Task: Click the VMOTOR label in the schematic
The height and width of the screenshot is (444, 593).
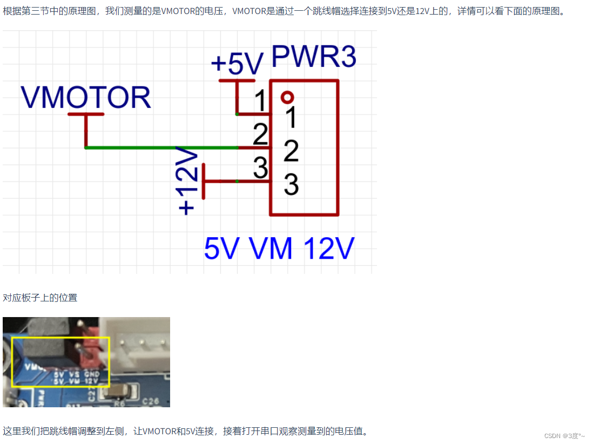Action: [x=86, y=98]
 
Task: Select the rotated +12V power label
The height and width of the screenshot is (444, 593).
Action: [x=187, y=182]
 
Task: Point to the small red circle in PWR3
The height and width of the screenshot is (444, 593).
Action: [x=287, y=97]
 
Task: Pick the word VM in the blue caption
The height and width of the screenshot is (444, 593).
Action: [x=271, y=249]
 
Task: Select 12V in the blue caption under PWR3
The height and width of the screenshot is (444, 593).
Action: [x=328, y=249]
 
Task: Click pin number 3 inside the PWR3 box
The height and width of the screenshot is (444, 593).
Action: [x=291, y=185]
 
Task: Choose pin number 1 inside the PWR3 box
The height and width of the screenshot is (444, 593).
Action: [x=291, y=117]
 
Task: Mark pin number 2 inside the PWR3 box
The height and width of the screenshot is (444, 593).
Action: [x=291, y=151]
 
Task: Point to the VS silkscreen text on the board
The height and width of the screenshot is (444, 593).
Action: [x=74, y=373]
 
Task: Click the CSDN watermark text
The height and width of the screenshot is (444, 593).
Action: [x=564, y=436]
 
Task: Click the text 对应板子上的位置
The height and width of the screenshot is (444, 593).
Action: [x=40, y=298]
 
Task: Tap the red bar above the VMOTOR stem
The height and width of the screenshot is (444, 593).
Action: [x=86, y=115]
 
